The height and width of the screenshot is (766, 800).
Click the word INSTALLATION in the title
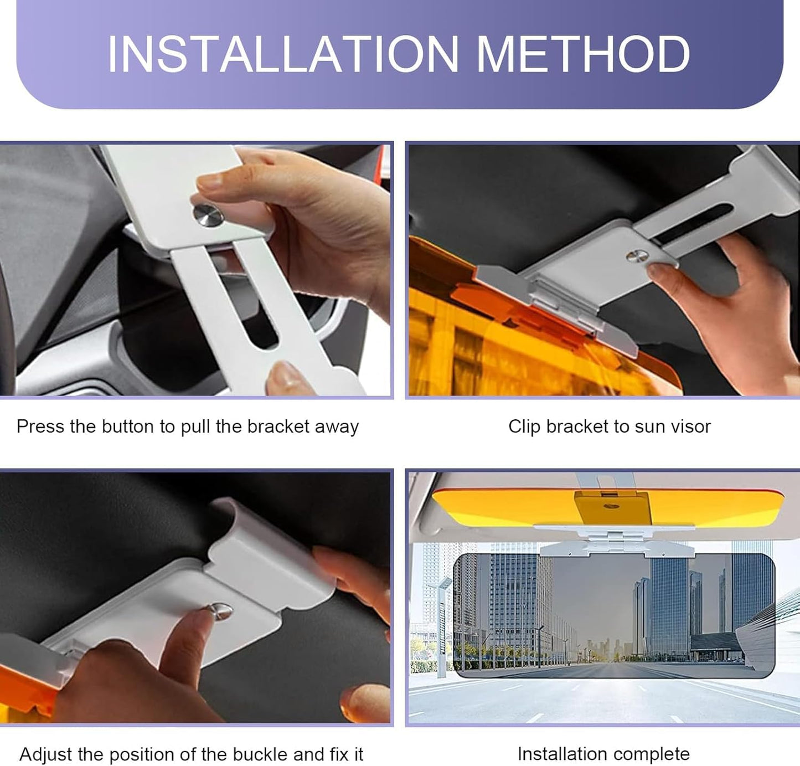282,54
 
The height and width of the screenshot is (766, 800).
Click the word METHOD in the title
583,54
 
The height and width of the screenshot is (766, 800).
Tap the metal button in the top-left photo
208,214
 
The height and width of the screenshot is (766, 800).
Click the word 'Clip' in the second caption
524,426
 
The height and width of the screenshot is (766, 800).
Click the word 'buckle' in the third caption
260,754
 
